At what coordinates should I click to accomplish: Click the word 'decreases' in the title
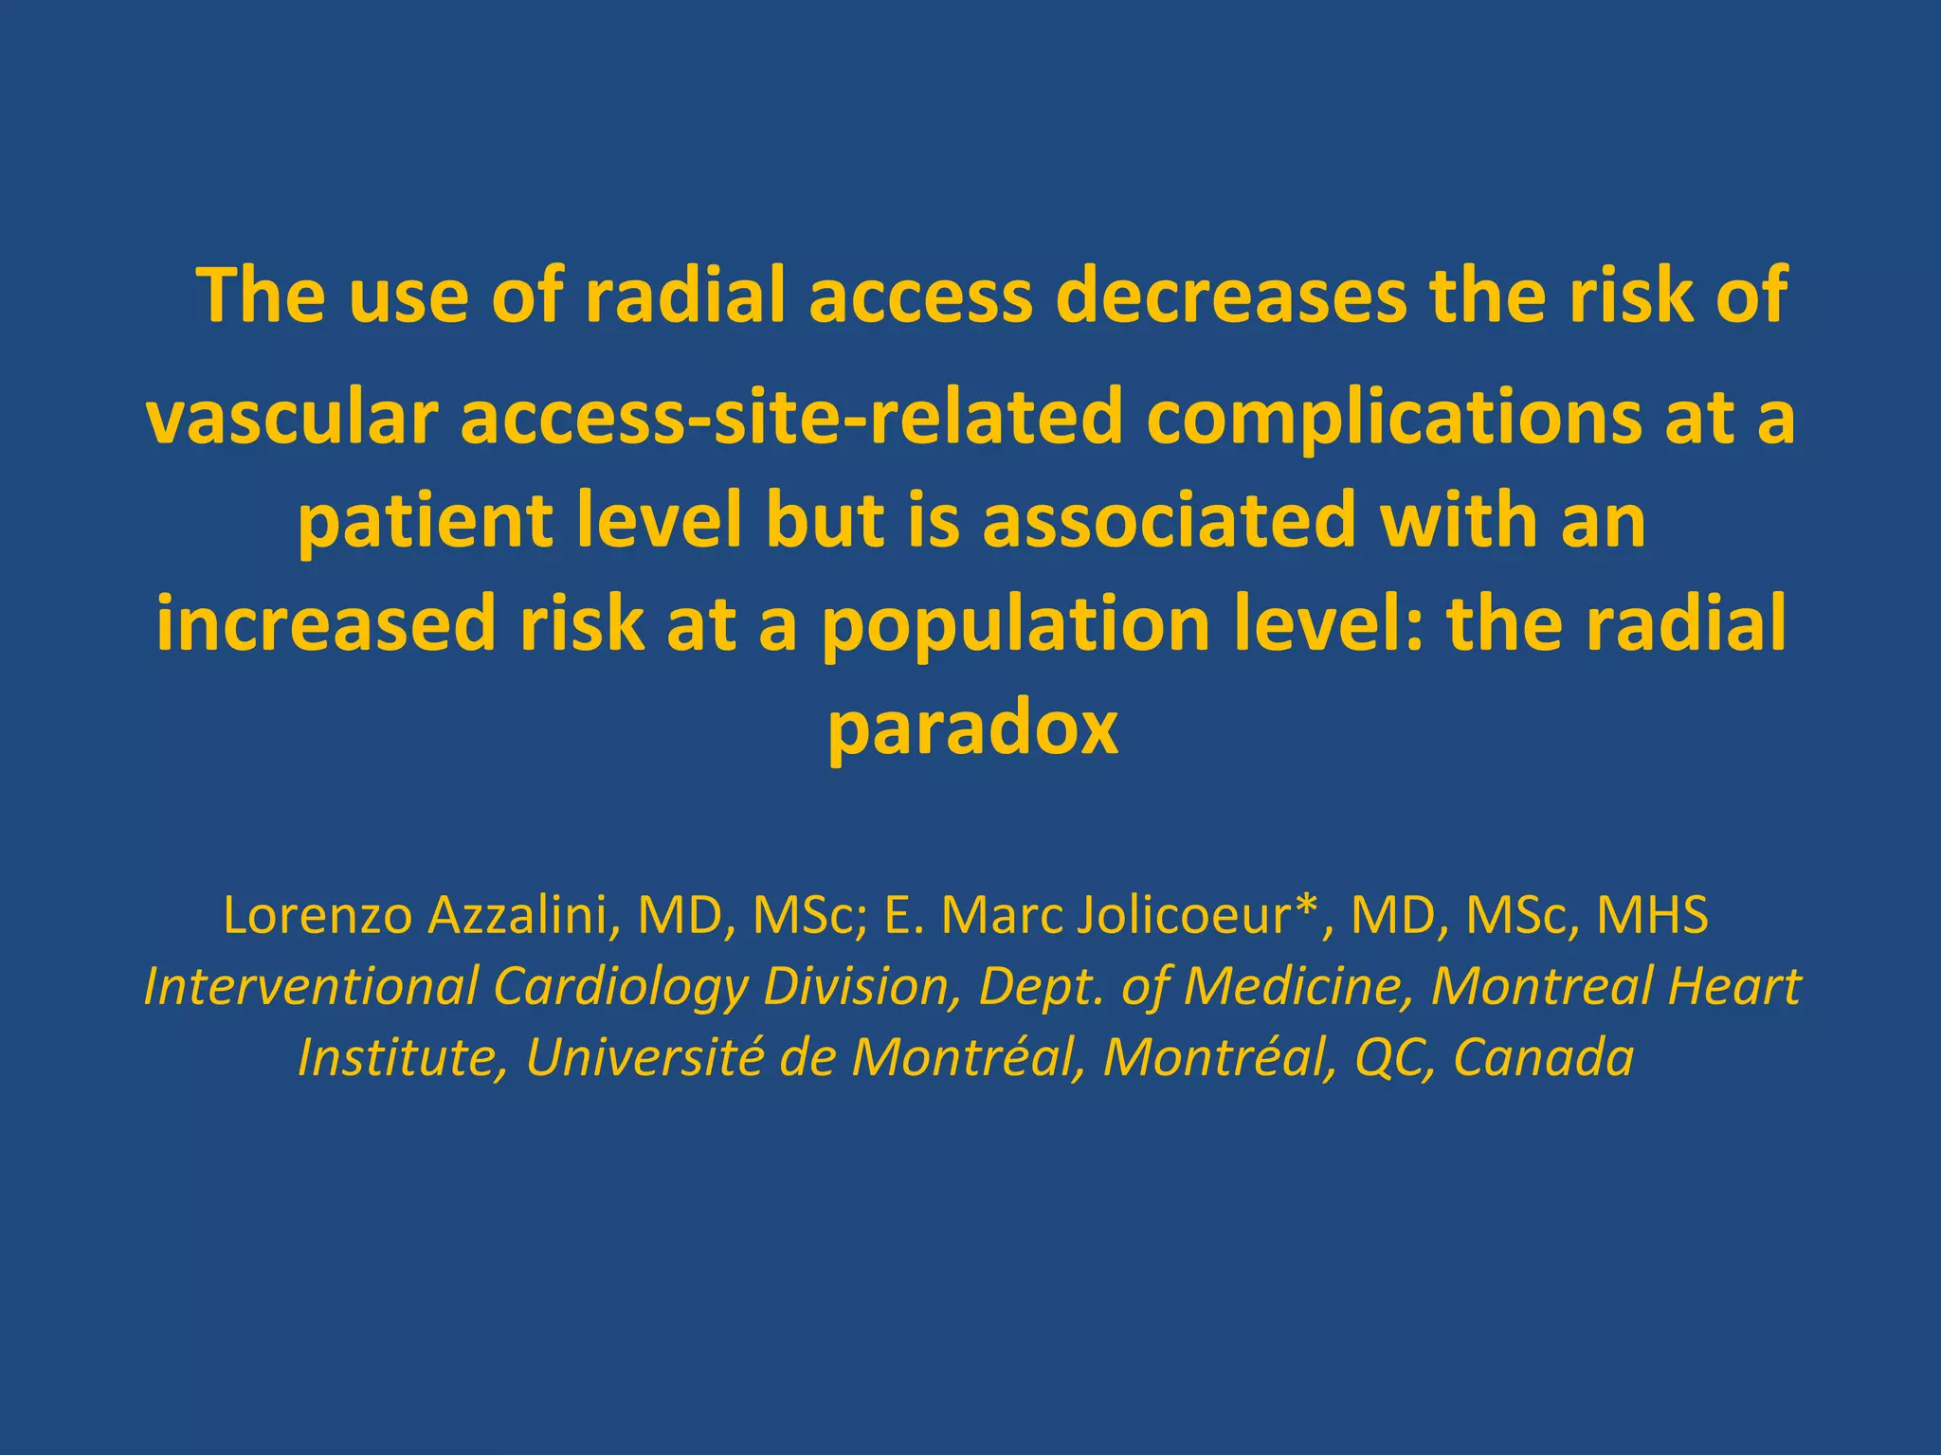pyautogui.click(x=1231, y=296)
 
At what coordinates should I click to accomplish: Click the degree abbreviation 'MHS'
pyautogui.click(x=1653, y=916)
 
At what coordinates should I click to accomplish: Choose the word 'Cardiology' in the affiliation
pyautogui.click(x=621, y=987)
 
